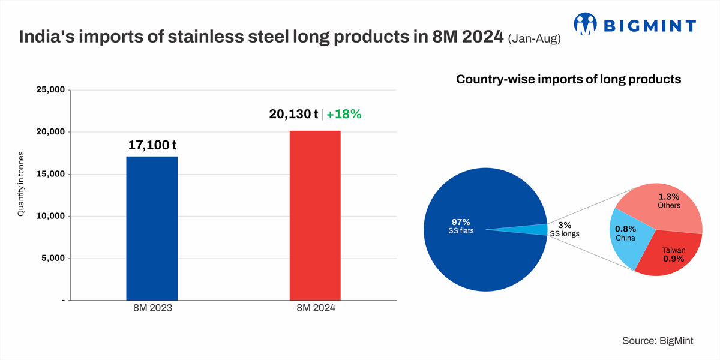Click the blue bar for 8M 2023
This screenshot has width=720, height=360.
tap(152, 228)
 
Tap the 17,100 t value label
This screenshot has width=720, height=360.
tap(152, 145)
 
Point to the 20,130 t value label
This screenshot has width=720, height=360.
tap(293, 114)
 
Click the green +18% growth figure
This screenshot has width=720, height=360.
tap(344, 114)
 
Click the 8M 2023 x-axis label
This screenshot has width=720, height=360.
tap(152, 308)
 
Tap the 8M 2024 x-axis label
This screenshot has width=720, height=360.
tap(316, 308)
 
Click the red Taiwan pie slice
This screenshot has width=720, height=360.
tap(669, 258)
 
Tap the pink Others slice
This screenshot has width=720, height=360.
tap(666, 204)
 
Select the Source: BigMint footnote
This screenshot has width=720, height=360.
tap(658, 340)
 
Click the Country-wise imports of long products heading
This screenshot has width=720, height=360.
tap(569, 79)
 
